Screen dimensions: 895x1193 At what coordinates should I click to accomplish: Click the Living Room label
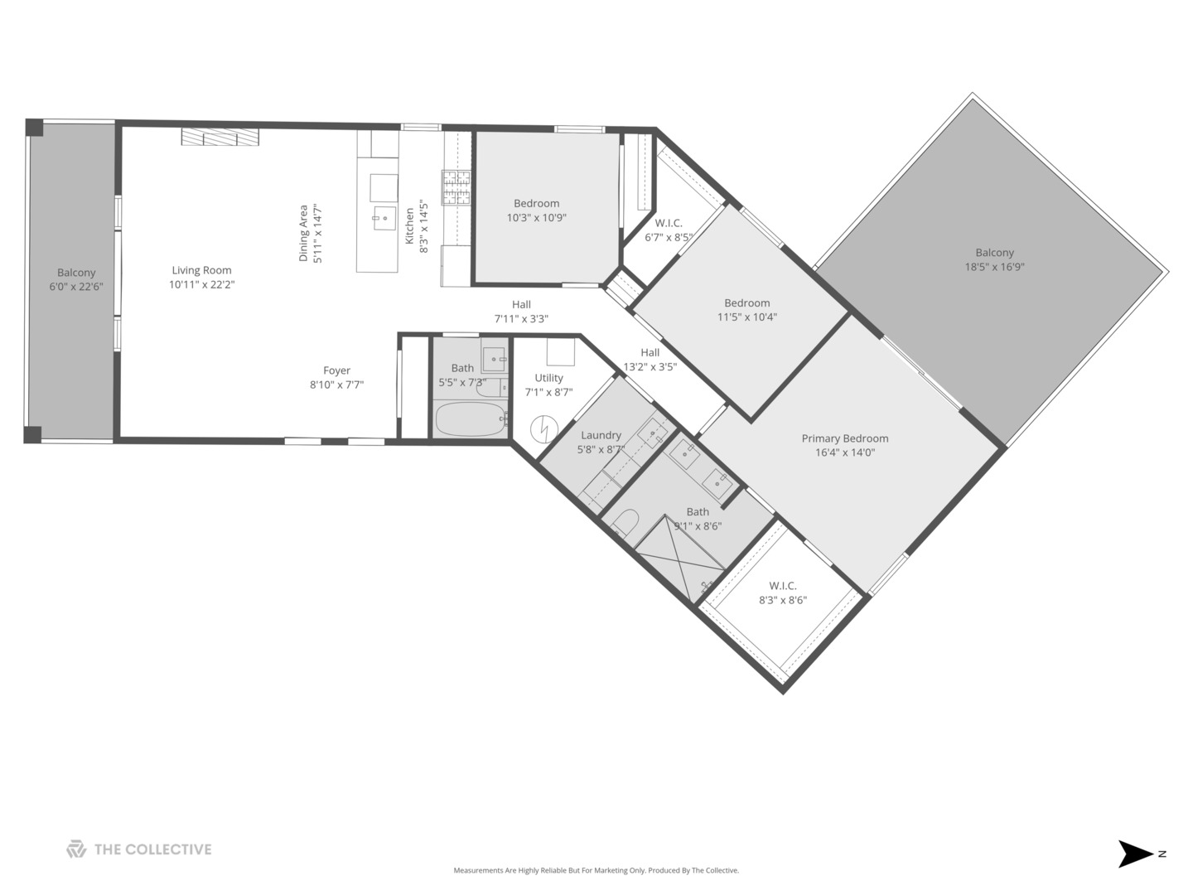coord(201,270)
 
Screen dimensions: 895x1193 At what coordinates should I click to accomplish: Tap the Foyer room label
coord(336,370)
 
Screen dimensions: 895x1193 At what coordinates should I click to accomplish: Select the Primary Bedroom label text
coord(844,438)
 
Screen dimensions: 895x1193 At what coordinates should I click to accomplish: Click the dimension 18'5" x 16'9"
coord(994,267)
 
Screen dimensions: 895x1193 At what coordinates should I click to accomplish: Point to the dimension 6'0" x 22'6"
coord(76,287)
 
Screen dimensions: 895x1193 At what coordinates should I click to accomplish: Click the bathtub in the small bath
coord(469,419)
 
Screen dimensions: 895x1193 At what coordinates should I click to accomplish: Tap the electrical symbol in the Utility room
coord(545,428)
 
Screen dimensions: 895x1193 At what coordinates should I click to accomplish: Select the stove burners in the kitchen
coord(456,187)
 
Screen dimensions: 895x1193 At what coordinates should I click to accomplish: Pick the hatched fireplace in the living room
coord(220,138)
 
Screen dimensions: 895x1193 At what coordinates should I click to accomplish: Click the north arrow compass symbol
coord(1137,854)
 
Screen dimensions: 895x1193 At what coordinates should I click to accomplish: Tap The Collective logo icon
coord(76,849)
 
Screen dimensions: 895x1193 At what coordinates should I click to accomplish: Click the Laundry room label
coord(601,435)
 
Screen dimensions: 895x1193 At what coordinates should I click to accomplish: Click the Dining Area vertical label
coord(303,233)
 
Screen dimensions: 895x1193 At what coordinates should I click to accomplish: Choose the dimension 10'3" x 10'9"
coord(536,218)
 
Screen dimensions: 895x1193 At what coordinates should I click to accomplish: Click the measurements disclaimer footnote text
coord(596,870)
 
